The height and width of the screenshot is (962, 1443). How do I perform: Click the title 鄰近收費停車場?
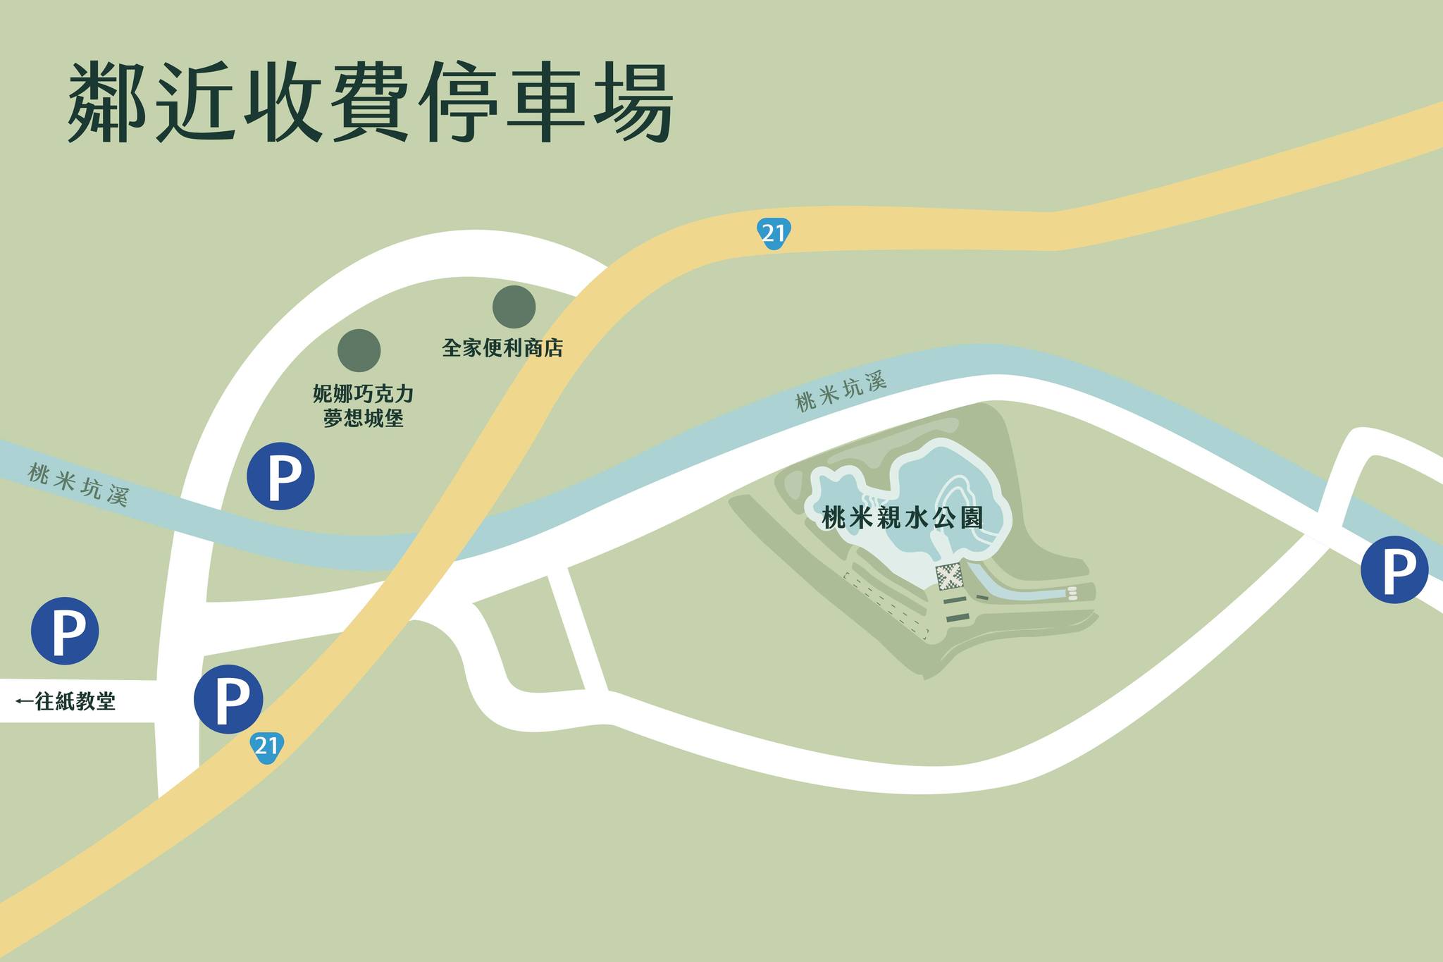tap(370, 102)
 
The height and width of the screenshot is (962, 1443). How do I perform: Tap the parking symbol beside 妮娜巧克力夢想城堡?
tap(280, 476)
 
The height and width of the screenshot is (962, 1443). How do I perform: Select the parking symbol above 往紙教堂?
tap(65, 631)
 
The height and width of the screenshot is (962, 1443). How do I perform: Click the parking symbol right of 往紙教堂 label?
tap(228, 698)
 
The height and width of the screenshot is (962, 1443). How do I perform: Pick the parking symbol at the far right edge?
tap(1394, 569)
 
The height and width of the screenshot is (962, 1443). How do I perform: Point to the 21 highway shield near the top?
tap(774, 233)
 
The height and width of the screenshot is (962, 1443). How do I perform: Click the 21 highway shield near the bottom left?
tap(266, 746)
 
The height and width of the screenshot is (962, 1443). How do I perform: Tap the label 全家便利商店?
tap(502, 348)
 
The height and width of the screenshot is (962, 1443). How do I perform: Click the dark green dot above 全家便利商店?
tap(514, 307)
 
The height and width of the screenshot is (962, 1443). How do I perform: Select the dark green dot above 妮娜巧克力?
tap(359, 350)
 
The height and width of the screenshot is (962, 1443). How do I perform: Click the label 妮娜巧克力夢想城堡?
tap(363, 406)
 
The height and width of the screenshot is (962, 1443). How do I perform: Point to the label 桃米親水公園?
tap(903, 518)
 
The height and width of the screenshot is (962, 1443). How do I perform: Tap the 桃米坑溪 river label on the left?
tap(78, 485)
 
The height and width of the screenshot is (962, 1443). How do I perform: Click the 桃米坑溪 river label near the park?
tap(840, 392)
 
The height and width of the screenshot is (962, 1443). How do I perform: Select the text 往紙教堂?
tap(75, 701)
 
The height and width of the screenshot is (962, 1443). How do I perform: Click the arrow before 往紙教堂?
tap(24, 701)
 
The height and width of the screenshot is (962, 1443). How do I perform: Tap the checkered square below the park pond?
tap(950, 577)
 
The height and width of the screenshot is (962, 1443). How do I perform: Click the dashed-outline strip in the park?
tap(886, 605)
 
